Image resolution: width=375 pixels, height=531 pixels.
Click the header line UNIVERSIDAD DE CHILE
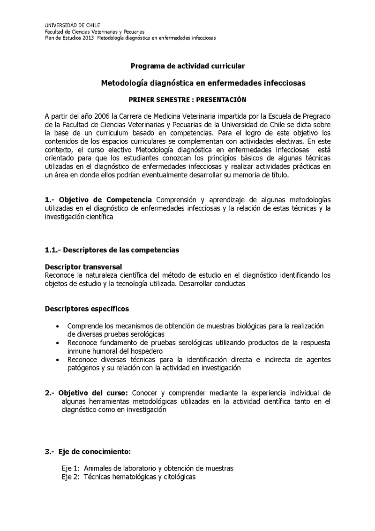(x=72, y=25)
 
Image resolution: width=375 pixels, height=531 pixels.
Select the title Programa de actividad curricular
(x=187, y=67)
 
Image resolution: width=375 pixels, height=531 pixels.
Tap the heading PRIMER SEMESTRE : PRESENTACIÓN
(x=187, y=99)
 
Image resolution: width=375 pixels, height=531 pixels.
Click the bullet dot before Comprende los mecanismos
(x=57, y=326)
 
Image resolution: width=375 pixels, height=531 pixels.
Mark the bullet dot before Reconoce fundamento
(x=57, y=343)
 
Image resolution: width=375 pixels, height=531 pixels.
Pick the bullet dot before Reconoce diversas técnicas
(x=57, y=360)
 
